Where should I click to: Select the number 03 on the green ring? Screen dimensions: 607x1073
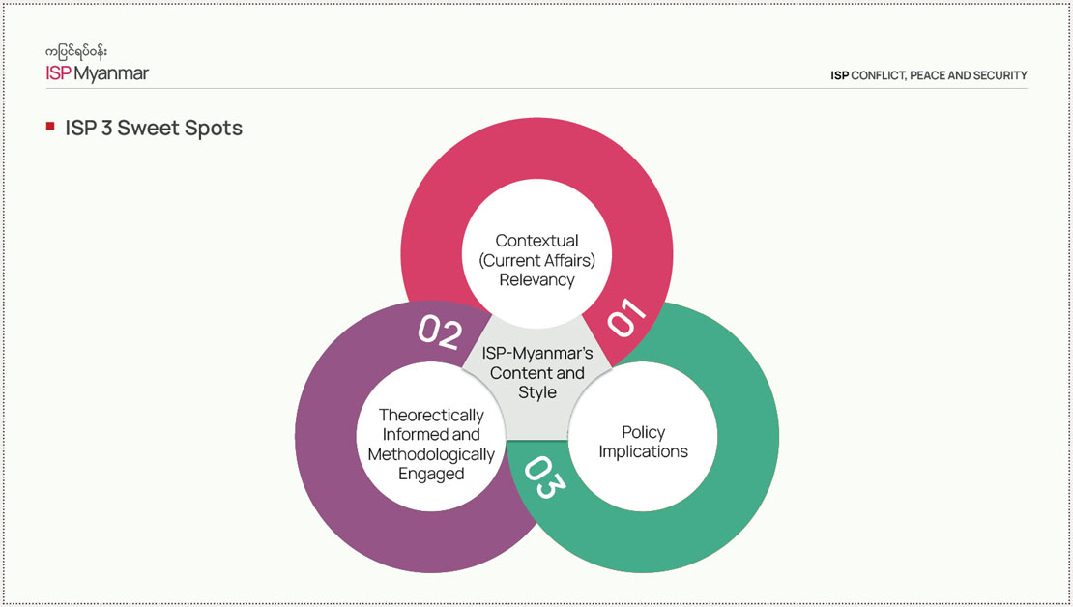pyautogui.click(x=543, y=478)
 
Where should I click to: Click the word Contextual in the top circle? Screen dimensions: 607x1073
pyautogui.click(x=536, y=240)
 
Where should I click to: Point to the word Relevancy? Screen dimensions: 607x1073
pyautogui.click(x=536, y=280)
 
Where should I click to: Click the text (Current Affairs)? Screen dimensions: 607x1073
pyautogui.click(x=536, y=260)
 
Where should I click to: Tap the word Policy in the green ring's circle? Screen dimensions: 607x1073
pyautogui.click(x=643, y=432)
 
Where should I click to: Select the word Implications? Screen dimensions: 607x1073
pyautogui.click(x=643, y=452)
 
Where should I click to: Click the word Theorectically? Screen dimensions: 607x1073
pyautogui.click(x=430, y=415)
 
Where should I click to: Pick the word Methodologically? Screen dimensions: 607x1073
pyautogui.click(x=430, y=454)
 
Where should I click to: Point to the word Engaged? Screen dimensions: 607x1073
pyautogui.click(x=430, y=475)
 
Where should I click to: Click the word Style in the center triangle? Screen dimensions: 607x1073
pyautogui.click(x=537, y=392)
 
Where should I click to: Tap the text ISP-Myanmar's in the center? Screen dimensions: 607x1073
pyautogui.click(x=537, y=353)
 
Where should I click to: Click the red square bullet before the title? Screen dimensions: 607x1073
pyautogui.click(x=49, y=127)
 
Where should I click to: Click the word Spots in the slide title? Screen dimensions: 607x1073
pyautogui.click(x=216, y=128)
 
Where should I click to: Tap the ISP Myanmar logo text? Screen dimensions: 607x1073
pyautogui.click(x=98, y=73)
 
